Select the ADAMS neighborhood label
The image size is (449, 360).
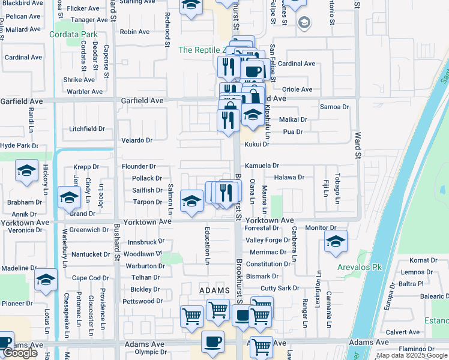214,290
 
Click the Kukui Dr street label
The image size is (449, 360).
257,145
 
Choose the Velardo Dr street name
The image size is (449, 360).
137,140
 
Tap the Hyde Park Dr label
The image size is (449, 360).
19,146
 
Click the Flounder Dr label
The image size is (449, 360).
139,166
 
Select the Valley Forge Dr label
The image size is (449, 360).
268,241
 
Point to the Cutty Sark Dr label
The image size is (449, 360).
280,288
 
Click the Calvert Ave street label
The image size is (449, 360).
402,332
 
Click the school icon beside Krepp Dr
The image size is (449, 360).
26,172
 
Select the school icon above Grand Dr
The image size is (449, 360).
69,197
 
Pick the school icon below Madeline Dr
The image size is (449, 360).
46,281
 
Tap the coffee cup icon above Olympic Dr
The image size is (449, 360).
212,341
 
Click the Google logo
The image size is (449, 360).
20,353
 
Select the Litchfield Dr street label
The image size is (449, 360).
87,129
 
